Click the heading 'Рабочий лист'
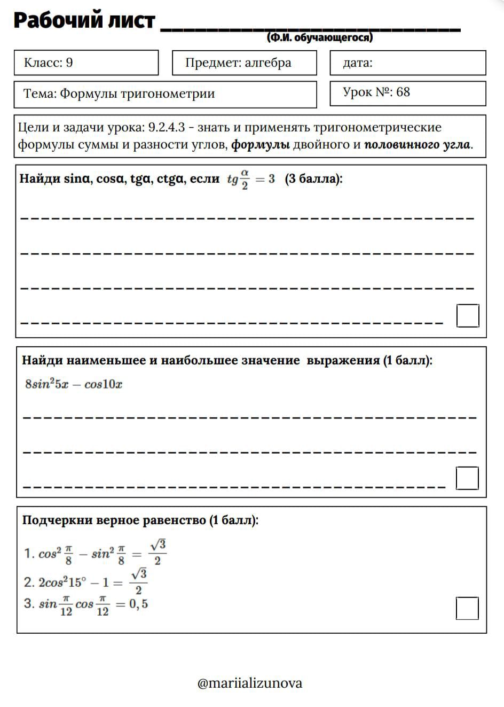coord(84,21)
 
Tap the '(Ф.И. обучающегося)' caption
coord(319,37)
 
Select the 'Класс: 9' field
coord(86,63)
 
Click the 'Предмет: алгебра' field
coord(244,63)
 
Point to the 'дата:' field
coord(407,63)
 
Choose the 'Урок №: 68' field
coord(407,93)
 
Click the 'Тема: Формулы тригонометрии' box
coord(165,94)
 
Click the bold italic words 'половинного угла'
coord(417,144)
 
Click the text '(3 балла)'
coord(313,178)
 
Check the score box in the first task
coord(468,315)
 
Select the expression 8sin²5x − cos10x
coord(74,384)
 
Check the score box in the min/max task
coord(467,478)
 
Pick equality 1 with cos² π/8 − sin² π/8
coord(94,553)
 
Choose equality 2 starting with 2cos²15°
coord(85,582)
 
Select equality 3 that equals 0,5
coord(86,605)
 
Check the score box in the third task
coord(467,608)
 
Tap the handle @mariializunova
coord(250,683)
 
